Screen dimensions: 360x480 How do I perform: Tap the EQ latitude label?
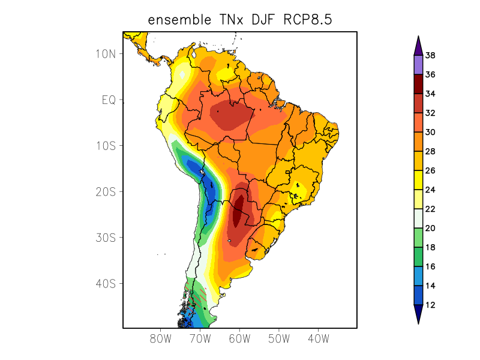click(x=108, y=100)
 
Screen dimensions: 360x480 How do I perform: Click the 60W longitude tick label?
click(x=239, y=338)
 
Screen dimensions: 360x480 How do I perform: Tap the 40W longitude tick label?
click(x=318, y=338)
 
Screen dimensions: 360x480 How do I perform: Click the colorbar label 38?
click(x=430, y=55)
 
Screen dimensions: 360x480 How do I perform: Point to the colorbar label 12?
click(x=430, y=305)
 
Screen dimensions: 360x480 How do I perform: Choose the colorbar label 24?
click(x=430, y=190)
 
